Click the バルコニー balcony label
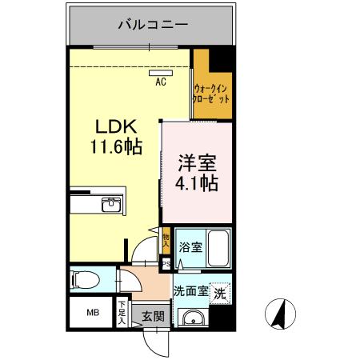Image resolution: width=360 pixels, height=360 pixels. tap(152, 24)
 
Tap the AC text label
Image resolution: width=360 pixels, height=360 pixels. tap(160, 82)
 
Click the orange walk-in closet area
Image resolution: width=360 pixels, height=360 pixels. tap(211, 92)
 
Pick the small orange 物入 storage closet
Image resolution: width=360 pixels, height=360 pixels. tap(166, 238)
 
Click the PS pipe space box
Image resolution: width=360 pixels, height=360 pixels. tap(166, 263)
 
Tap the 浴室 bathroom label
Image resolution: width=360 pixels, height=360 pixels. tap(190, 248)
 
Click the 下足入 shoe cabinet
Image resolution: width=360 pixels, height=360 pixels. tap(122, 310)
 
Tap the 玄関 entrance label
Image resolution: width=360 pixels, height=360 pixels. tap(153, 316)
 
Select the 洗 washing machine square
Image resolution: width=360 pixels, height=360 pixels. tap(221, 293)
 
